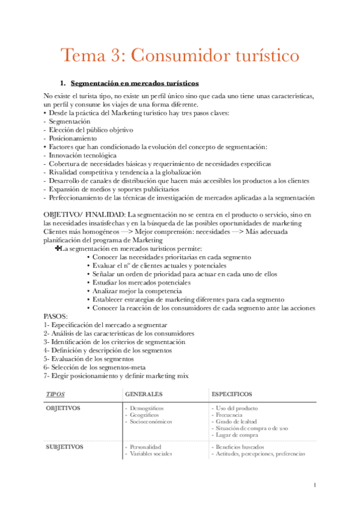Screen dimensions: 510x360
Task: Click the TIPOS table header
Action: tap(56, 394)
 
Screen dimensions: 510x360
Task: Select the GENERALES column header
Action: tap(144, 394)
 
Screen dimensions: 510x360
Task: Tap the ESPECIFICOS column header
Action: tap(232, 394)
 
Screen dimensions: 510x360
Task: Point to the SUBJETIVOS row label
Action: tap(65, 447)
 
